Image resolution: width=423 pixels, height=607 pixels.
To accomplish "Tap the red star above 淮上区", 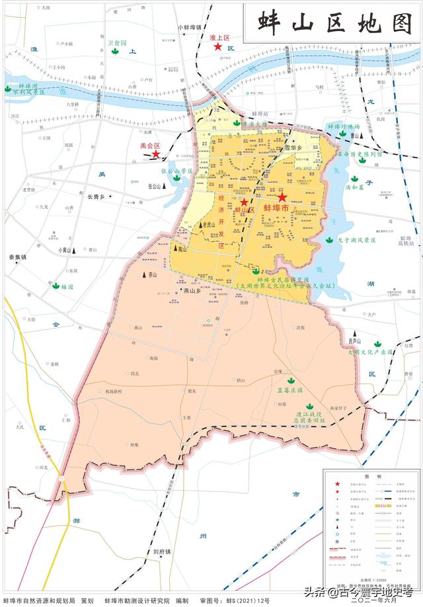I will (217, 47).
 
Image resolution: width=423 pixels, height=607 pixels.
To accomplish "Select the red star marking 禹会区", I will (156, 154).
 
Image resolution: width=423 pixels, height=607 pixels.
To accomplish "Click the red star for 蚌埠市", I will (282, 197).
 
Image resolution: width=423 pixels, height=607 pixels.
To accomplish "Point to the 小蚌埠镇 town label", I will (189, 27).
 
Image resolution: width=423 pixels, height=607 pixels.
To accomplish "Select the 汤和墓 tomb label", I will (355, 187).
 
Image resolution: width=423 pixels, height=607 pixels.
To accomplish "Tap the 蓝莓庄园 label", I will (289, 390).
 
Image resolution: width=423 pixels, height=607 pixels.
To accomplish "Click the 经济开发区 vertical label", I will (222, 221).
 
